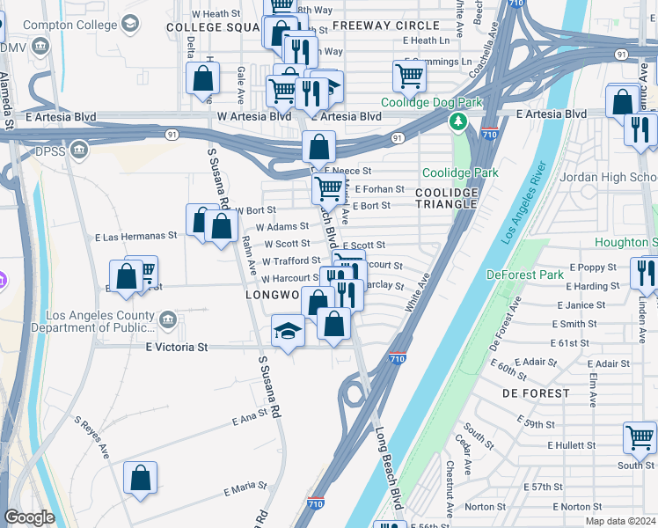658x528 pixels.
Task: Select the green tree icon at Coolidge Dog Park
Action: coord(457,121)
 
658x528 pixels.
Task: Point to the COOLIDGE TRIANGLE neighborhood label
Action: coord(446,199)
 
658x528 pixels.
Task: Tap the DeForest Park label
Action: coord(525,275)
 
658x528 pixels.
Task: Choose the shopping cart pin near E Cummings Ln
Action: coord(409,76)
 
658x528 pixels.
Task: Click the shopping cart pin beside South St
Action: coord(640,436)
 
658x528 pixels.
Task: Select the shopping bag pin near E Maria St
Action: coord(140,479)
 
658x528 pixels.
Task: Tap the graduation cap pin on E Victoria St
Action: coord(288,332)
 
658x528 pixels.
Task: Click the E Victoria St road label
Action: coord(176,348)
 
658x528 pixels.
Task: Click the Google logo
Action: coord(29,517)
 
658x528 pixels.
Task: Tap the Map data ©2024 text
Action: coord(622,520)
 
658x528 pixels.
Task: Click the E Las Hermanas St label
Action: coord(135,236)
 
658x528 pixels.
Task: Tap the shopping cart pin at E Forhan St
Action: coord(328,187)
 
